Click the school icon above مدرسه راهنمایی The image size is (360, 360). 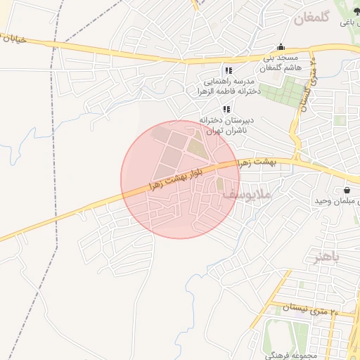point(228,71)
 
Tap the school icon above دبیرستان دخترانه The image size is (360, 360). point(226,109)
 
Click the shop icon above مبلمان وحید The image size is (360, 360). point(347,191)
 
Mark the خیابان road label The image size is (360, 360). point(13,39)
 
